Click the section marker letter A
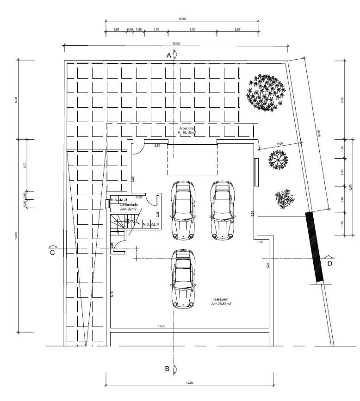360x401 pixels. coord(169,55)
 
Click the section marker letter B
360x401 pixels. coord(168,369)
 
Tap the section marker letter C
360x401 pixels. coord(52,253)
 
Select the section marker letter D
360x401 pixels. coord(329,264)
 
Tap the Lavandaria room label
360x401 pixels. coord(130,204)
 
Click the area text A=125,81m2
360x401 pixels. coord(221,304)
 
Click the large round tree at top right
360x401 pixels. coord(266,92)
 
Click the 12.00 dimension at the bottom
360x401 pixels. coord(189,382)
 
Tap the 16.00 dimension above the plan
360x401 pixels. coord(176,43)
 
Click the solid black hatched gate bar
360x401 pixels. coord(314,247)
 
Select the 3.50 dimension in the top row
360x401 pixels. coord(192,30)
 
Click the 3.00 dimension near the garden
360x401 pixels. coord(280,144)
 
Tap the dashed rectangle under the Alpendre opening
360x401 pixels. coord(192,160)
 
